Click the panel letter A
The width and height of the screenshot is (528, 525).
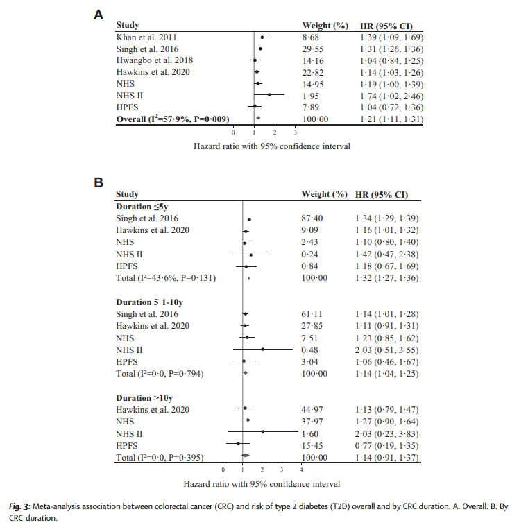point(99,13)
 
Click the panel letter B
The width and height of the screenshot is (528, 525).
point(99,183)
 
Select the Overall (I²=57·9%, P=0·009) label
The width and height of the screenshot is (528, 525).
point(173,119)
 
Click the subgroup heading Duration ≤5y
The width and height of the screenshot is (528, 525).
point(144,207)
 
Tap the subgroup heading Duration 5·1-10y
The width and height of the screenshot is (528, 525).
point(150,302)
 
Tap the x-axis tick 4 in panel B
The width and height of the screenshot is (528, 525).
point(300,470)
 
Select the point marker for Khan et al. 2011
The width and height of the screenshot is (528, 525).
point(262,37)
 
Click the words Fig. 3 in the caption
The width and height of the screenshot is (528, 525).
point(29,506)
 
